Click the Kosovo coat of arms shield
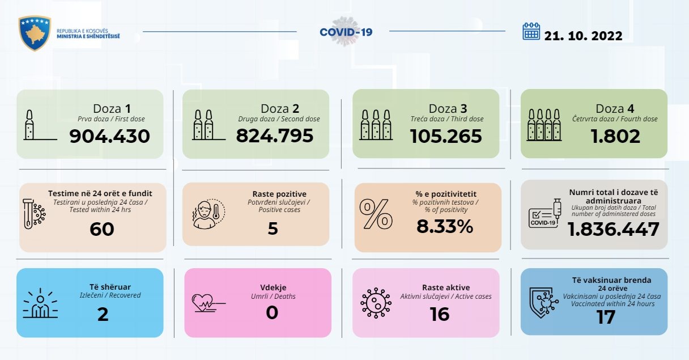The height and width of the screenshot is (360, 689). click(x=35, y=33)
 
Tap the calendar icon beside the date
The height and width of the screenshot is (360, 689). click(x=531, y=32)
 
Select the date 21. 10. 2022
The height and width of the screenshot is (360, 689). click(x=583, y=36)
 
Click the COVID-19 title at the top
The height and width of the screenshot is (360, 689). click(x=346, y=32)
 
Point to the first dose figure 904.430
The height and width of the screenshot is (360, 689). click(x=110, y=136)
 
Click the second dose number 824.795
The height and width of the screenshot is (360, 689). click(x=275, y=136)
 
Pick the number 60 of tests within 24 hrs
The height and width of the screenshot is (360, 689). click(x=102, y=229)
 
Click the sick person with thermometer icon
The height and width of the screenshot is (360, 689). click(x=206, y=214)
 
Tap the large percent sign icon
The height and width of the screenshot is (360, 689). click(x=376, y=214)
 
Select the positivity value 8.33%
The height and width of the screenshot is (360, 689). click(x=445, y=227)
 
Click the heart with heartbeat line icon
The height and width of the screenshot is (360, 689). click(x=207, y=302)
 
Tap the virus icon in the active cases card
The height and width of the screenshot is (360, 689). click(x=376, y=302)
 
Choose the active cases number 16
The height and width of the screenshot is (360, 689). click(x=440, y=314)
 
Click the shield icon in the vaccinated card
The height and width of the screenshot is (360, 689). click(x=543, y=302)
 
